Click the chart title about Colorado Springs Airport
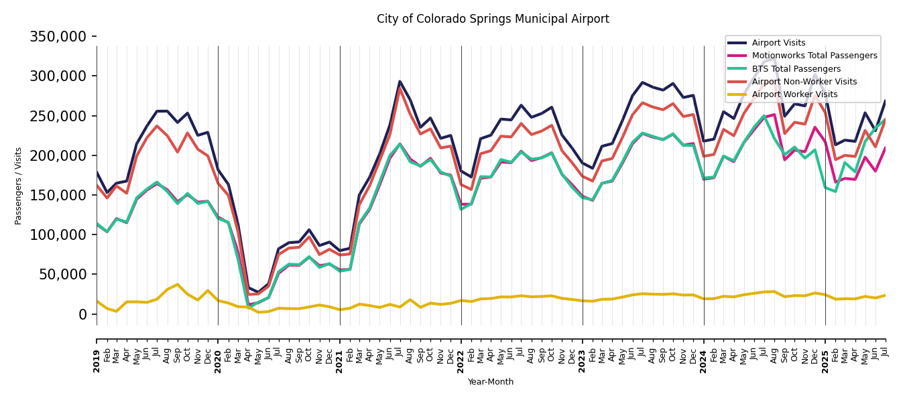point(493,19)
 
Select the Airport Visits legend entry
point(778,43)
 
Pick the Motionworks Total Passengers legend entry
point(814,56)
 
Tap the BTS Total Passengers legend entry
point(796,69)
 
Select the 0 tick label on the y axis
point(82,314)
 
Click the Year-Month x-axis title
point(491,382)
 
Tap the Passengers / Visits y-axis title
point(19,186)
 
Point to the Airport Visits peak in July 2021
point(400,82)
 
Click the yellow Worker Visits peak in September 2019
point(178,284)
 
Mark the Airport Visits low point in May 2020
point(258,292)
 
